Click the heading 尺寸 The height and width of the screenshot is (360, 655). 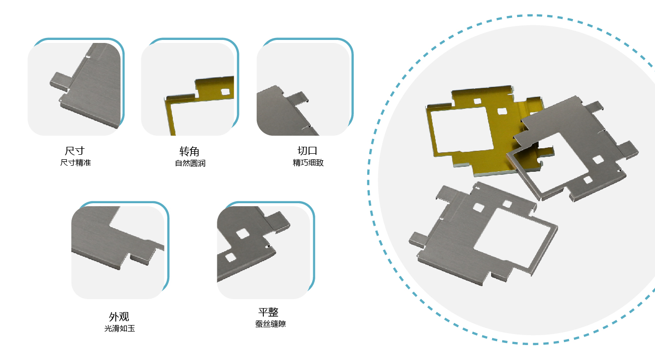74,151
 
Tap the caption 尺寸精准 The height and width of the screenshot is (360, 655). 75,162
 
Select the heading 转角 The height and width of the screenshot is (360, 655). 189,151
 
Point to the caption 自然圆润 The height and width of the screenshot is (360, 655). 190,163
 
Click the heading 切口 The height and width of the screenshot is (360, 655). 307,151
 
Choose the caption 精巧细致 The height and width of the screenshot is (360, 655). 308,162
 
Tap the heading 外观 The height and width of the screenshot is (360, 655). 119,317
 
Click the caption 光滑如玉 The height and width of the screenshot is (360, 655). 119,329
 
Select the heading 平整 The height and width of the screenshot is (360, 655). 268,312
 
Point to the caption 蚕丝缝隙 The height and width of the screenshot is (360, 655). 270,324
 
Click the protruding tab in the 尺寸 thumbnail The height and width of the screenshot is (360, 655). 60,80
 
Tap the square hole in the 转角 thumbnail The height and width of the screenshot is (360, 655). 225,92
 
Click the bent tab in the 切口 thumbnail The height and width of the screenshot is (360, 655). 298,99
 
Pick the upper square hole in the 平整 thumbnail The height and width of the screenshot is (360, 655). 242,234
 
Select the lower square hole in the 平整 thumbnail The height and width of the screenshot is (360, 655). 230,258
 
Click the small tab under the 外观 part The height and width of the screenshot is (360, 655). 141,258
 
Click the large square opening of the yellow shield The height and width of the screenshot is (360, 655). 462,129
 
